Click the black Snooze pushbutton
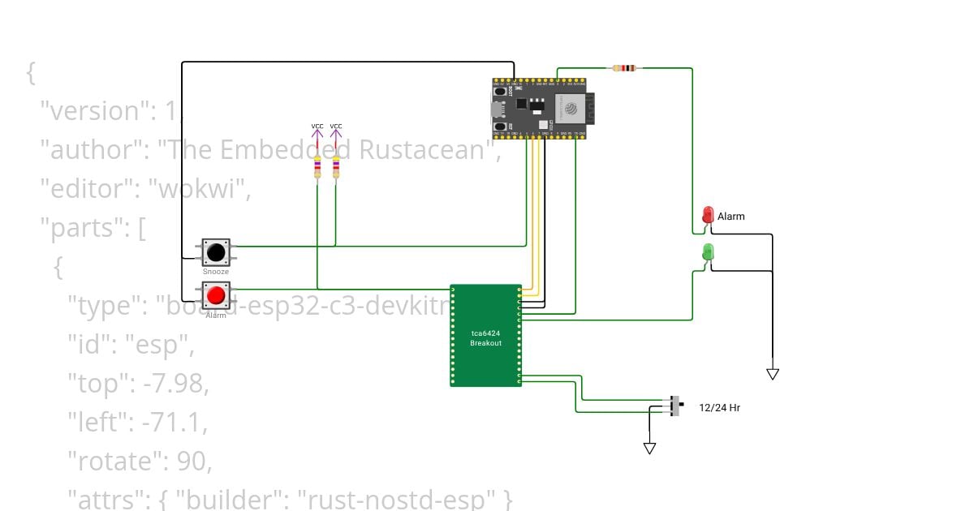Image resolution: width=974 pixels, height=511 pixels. (216, 253)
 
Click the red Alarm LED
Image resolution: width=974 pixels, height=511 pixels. (708, 215)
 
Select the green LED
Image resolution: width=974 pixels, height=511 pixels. (708, 251)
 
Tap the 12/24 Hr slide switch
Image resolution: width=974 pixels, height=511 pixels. (676, 406)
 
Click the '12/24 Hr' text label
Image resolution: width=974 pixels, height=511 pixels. (719, 408)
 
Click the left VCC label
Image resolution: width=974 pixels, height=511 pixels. (317, 127)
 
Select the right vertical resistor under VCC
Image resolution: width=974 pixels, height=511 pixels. (336, 168)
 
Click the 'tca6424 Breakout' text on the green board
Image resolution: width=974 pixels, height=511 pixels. (485, 338)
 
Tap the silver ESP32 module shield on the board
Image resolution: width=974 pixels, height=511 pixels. (570, 108)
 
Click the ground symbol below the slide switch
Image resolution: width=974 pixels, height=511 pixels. (649, 448)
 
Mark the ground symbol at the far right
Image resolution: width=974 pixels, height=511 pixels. (773, 374)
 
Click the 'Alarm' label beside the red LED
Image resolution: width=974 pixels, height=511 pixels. (730, 217)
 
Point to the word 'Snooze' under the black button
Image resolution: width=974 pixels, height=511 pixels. (216, 272)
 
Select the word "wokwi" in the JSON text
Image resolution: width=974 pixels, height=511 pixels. (199, 189)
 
